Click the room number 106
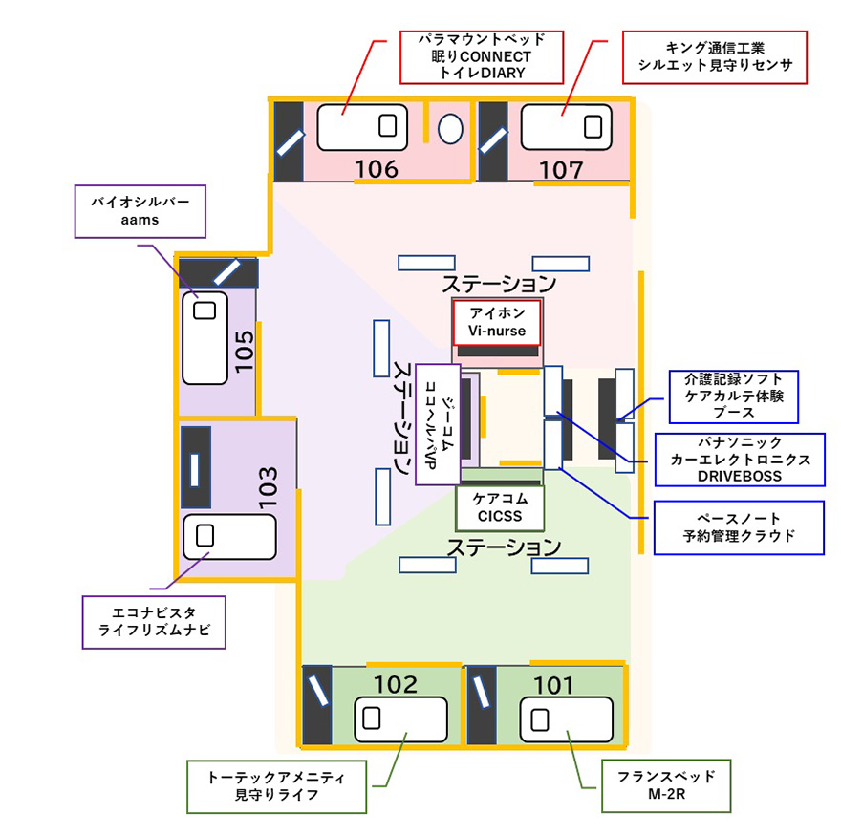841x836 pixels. pos(376,169)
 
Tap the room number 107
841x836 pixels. pos(561,169)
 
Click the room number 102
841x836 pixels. pos(395,685)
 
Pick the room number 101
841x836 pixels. pos(553,685)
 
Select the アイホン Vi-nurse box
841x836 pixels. pos(497,323)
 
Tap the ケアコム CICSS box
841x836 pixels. pos(499,507)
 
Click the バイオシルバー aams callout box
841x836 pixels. pos(140,211)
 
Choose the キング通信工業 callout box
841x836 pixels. pos(715,56)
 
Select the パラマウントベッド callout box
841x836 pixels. pos(480,56)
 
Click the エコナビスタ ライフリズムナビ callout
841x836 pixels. pos(154,622)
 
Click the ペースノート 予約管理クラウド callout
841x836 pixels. pos(738,526)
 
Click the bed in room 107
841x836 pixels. pos(564,127)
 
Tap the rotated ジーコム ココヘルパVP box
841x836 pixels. pos(439,423)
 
